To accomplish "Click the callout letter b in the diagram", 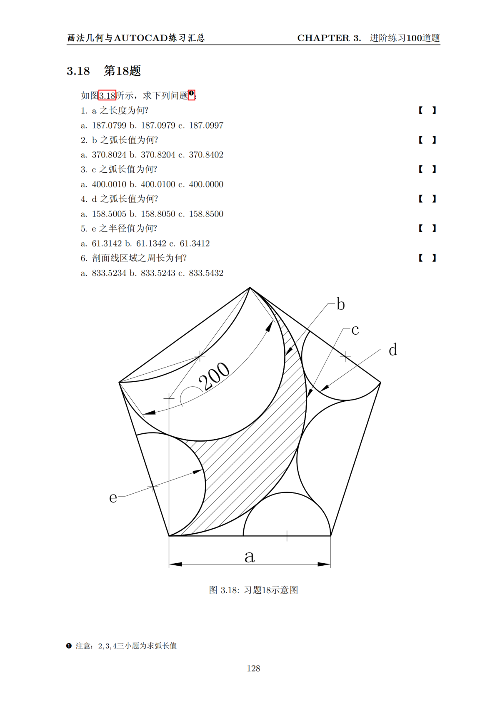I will pos(340,304).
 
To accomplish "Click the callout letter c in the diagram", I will pos(355,330).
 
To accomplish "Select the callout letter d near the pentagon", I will pos(392,350).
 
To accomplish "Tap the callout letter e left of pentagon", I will pos(113,497).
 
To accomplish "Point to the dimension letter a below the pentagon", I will pos(249,556).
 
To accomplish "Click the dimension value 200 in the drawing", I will pos(214,376).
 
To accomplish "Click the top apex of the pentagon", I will pos(250,288).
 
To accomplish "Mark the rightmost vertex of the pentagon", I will pos(380,382).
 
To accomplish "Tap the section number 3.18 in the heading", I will pos(78,71).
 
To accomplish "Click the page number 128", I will pos(253,668).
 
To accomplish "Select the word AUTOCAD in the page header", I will pos(140,38).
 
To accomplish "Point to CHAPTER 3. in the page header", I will pos(329,38).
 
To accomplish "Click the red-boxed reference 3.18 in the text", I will pos(107,95).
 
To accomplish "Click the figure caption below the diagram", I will pos(253,590).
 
